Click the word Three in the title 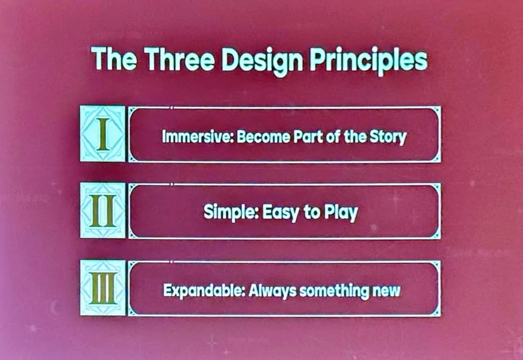coord(179,59)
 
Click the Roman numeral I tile coord(103,134)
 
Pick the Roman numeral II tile coord(103,210)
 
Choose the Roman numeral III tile coord(103,287)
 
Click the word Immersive coord(198,137)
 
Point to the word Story coord(388,137)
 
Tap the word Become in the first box coord(263,137)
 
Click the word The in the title coord(114,58)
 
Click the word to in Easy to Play coord(311,212)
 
